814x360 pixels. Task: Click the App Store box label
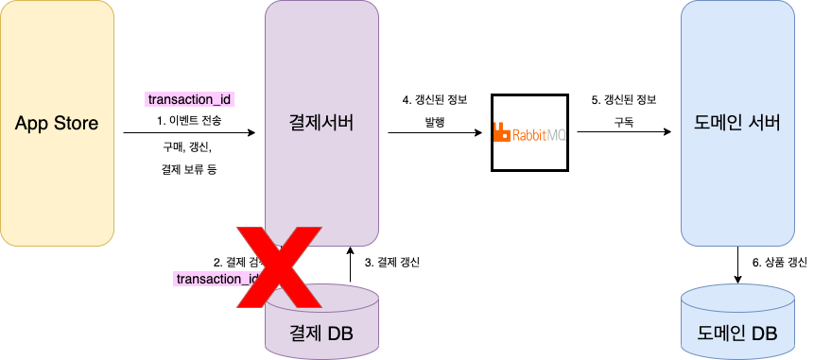(x=57, y=123)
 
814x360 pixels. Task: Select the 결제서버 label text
(x=321, y=123)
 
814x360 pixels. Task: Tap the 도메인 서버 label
(x=737, y=123)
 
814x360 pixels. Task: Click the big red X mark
(x=275, y=266)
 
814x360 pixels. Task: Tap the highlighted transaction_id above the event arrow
(x=190, y=98)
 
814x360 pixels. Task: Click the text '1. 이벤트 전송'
(x=189, y=121)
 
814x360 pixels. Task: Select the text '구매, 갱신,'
(x=189, y=147)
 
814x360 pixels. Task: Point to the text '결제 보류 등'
(x=189, y=171)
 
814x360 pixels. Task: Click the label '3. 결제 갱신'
(x=391, y=262)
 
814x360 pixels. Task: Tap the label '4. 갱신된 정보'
(x=434, y=99)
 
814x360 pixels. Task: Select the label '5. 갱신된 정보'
(x=623, y=99)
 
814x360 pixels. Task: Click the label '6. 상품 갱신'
(x=778, y=262)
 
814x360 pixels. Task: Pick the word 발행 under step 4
(x=434, y=123)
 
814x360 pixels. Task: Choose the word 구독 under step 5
(x=623, y=123)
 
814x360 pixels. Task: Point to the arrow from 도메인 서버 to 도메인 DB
(x=737, y=264)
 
